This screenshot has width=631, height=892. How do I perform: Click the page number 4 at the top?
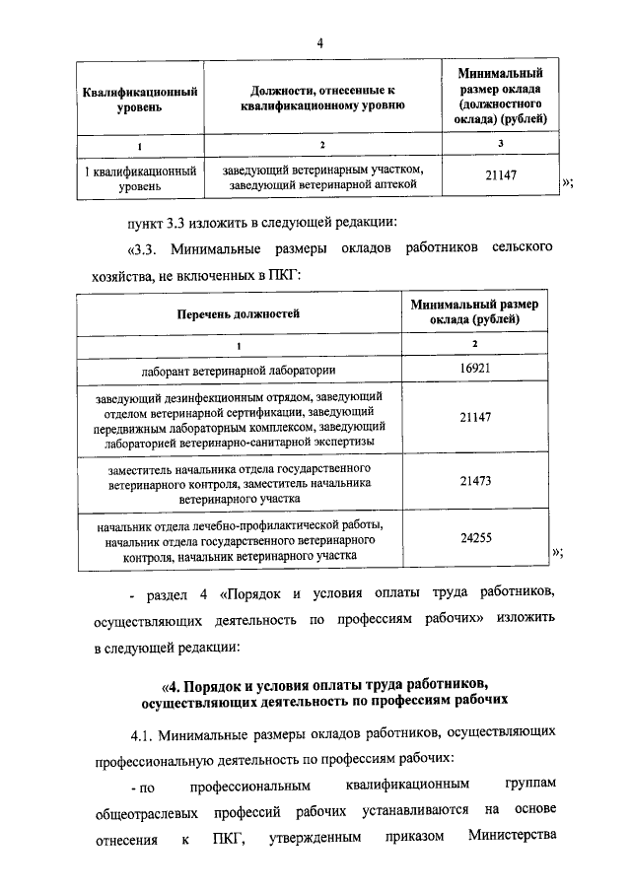coord(320,41)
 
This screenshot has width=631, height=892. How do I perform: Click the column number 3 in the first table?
coord(501,145)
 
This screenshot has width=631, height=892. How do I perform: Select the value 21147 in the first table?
coord(501,176)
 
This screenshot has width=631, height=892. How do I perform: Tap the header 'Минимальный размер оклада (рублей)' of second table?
coord(475,312)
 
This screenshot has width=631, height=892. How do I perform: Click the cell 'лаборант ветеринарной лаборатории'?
coord(238,370)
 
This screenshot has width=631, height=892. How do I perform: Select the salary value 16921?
coord(475,370)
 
